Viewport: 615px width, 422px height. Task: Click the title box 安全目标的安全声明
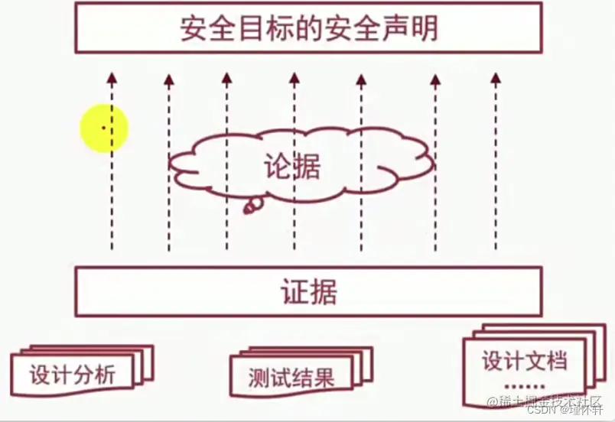308,29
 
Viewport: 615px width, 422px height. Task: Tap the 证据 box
308,292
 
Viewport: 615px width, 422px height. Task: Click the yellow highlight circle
104,128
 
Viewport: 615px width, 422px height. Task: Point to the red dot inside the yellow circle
103,128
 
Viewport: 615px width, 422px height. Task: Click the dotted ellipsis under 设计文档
525,385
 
